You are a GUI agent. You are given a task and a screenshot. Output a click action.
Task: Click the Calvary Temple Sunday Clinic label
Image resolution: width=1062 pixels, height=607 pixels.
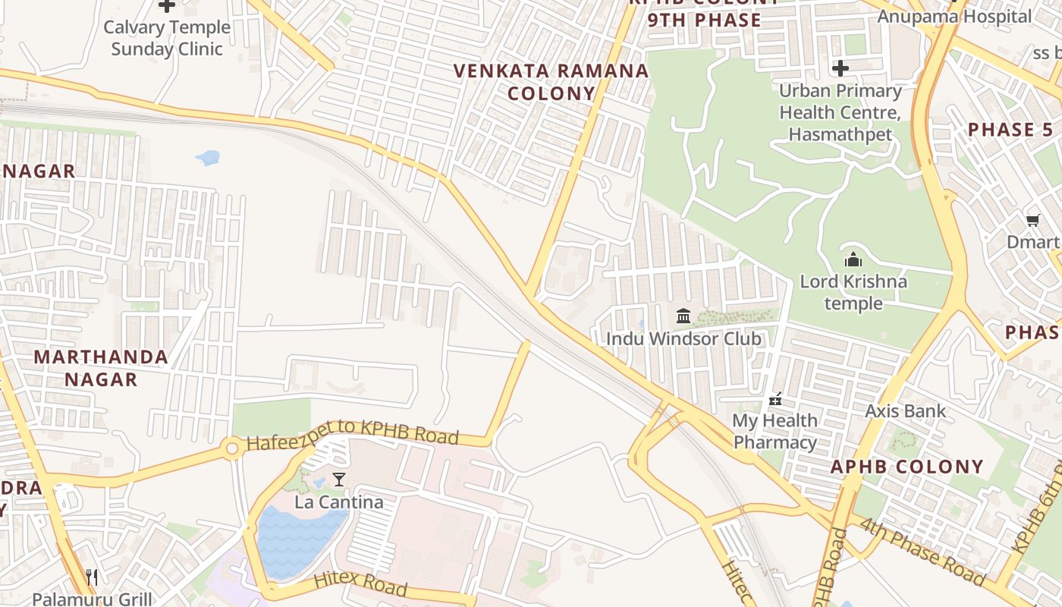(167, 38)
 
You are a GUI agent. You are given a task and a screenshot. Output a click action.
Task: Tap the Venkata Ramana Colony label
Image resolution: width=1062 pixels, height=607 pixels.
(551, 82)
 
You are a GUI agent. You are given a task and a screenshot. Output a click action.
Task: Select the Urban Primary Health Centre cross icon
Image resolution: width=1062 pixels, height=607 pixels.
(840, 68)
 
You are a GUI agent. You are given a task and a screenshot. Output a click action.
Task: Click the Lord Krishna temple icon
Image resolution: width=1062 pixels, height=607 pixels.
(853, 259)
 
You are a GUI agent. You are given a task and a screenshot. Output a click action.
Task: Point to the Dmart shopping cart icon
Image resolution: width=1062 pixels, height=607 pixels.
(1032, 221)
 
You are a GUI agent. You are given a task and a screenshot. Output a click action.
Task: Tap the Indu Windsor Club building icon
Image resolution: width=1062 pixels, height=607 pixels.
(683, 316)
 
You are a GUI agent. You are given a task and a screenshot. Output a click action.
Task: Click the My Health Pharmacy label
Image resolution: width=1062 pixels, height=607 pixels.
(775, 431)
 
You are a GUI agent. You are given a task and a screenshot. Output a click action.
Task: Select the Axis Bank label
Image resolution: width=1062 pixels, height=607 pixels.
(905, 411)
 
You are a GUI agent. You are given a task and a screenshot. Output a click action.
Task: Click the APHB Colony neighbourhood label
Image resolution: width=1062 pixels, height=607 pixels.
(906, 466)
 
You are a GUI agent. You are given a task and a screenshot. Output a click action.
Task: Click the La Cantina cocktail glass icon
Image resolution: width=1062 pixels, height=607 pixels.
(339, 480)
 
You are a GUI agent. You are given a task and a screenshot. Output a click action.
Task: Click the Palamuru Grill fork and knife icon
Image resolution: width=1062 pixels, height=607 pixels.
(92, 577)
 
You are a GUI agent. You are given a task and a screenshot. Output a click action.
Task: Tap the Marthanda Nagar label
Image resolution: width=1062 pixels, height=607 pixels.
(101, 368)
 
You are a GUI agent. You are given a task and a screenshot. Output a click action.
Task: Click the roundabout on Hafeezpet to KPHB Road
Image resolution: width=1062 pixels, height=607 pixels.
(233, 449)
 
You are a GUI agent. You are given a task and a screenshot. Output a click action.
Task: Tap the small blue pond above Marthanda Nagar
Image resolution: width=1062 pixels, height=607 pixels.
(207, 158)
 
